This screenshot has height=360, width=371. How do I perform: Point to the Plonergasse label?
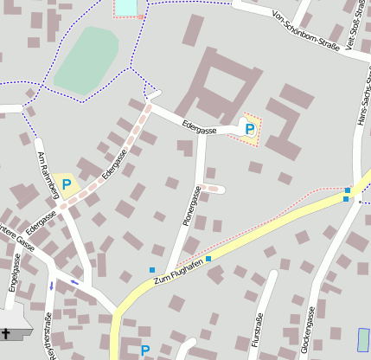[192, 206]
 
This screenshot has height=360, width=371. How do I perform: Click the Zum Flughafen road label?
[177, 273]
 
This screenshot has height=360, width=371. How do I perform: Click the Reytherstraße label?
[49, 337]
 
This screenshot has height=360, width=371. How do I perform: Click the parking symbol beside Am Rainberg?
[67, 184]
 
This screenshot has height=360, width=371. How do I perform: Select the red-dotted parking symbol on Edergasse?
[250, 129]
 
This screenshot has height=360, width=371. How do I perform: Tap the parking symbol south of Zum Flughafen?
[145, 350]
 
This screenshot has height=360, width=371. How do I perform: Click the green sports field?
[87, 59]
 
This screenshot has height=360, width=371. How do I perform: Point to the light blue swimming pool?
[126, 7]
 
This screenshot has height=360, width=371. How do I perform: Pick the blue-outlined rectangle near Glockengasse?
[363, 339]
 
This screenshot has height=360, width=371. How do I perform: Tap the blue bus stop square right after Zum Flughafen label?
[208, 258]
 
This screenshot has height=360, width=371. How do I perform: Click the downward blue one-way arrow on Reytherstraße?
[51, 285]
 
